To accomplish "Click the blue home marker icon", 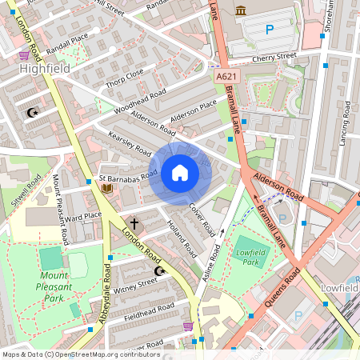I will [x=180, y=172].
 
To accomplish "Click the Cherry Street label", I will [x=273, y=58].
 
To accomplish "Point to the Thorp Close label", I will [x=124, y=77].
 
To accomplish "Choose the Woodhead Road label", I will [x=140, y=102].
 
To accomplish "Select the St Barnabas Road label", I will [x=128, y=176].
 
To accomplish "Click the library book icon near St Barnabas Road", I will [x=106, y=189].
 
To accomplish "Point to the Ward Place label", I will [x=84, y=215].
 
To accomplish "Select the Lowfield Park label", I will [x=250, y=256].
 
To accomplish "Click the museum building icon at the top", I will [x=240, y=10].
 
